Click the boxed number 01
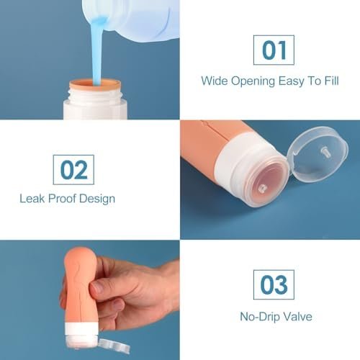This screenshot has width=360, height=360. (274, 50)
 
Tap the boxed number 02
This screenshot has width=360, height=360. (73, 170)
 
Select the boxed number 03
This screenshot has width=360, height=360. (274, 284)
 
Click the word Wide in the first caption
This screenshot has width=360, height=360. (215, 81)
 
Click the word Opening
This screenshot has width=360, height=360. (253, 81)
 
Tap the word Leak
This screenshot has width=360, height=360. (32, 199)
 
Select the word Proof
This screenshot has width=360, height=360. (62, 199)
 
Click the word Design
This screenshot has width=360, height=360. (97, 199)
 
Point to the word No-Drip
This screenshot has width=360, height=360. (260, 317)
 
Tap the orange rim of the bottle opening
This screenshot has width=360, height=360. (95, 86)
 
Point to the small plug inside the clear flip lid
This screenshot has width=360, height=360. (325, 152)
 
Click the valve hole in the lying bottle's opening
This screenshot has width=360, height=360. (262, 188)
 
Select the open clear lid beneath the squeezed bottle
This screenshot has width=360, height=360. (114, 346)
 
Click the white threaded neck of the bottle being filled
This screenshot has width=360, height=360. (95, 96)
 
